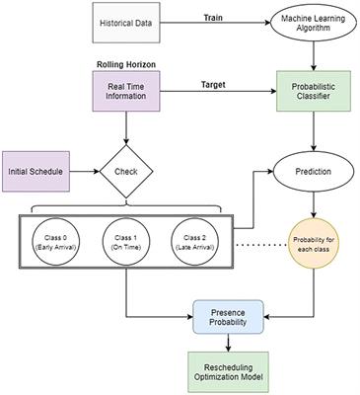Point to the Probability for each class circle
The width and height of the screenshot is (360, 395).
click(x=314, y=246)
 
